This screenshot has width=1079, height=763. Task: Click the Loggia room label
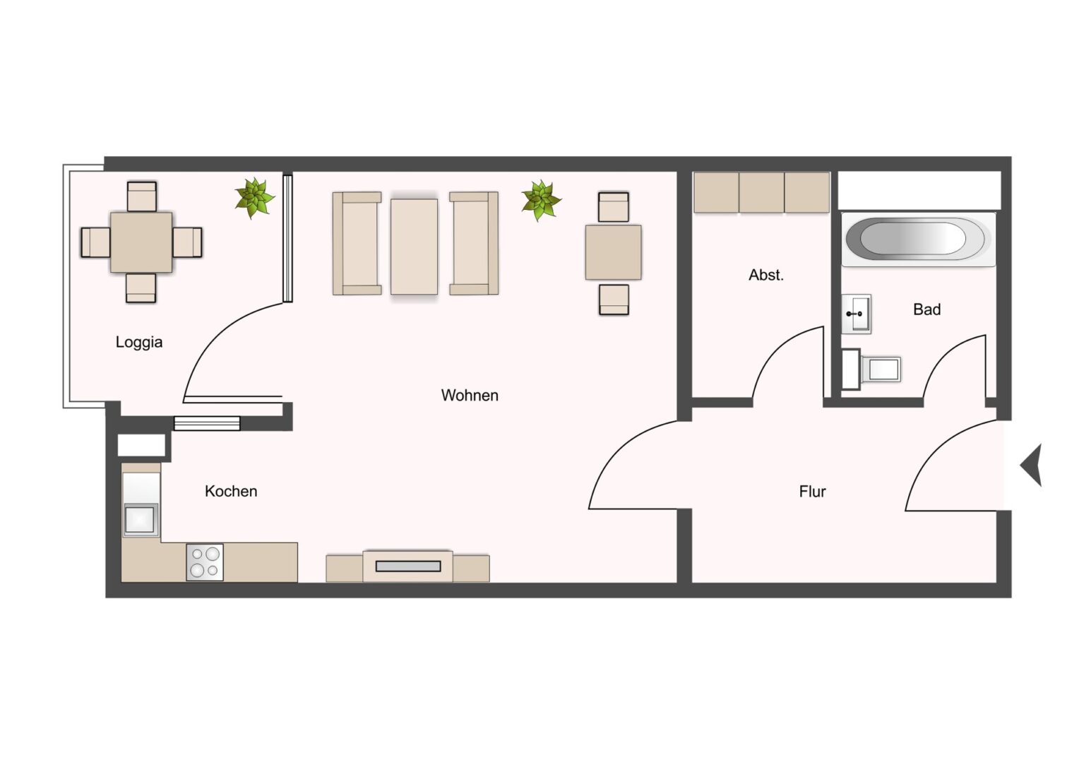coord(138,342)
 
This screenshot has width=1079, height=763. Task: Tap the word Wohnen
coord(470,395)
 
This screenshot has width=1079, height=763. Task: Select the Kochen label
coord(231,491)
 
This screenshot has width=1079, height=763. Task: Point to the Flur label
coord(812,492)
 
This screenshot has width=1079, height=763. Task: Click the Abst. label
coord(766,276)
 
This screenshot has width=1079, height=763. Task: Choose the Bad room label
coord(926,309)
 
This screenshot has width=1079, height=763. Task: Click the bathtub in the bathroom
coord(919,239)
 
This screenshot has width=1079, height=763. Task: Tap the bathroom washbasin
coord(857,314)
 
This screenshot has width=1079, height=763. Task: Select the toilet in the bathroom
coord(871,369)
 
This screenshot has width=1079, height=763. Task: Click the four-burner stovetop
coord(205,562)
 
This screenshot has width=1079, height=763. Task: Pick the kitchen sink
coord(141,519)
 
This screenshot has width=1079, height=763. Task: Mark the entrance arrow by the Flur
coord(1032,465)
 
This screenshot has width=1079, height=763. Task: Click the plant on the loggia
coord(254,198)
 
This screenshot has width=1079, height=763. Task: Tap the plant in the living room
coord(542,201)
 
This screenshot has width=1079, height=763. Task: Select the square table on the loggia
coord(141,242)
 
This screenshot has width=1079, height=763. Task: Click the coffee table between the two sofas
coord(415,247)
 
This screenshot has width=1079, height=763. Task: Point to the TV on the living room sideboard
coord(408,567)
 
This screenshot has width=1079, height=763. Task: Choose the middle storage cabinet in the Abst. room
coord(761,192)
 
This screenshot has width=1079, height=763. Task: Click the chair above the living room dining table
coord(614,207)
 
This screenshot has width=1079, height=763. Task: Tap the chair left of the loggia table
coord(96,242)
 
